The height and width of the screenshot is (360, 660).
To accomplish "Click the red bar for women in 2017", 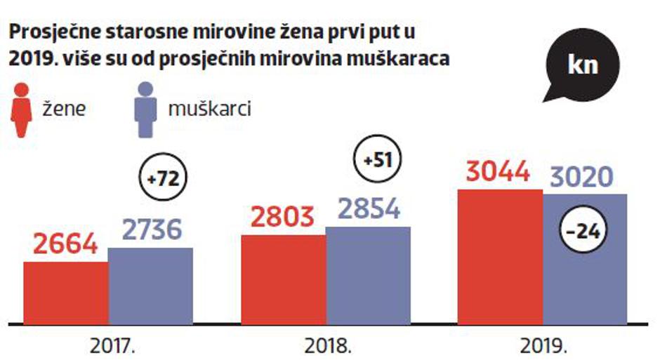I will [x=65, y=293].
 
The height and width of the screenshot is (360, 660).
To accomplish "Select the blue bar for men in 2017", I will [x=150, y=286].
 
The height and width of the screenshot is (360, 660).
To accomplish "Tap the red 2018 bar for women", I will [x=283, y=280].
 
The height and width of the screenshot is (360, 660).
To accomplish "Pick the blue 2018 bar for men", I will [x=368, y=276].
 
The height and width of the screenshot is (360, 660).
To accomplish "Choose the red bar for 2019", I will [x=500, y=257].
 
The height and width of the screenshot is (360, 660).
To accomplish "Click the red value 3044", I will [x=499, y=172].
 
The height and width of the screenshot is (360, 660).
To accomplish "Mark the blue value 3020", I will [x=582, y=176].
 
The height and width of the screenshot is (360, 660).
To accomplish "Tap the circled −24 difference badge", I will [x=582, y=230].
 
